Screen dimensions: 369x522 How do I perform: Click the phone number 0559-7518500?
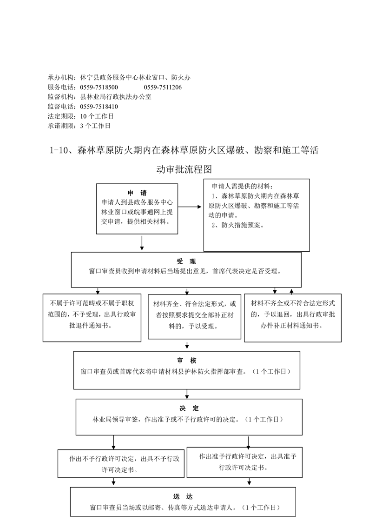[x=99, y=87]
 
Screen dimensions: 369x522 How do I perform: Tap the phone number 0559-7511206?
[x=163, y=87]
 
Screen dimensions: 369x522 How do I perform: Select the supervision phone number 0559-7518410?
[x=99, y=107]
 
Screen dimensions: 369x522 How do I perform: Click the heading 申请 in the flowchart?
[x=137, y=193]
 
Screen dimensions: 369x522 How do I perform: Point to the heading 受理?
[x=186, y=261]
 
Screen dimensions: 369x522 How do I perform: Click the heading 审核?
[x=187, y=361]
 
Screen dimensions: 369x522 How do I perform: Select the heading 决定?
[x=189, y=408]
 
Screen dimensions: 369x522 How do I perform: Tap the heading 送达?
[x=183, y=497]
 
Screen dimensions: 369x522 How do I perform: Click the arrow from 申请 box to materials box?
[x=190, y=207]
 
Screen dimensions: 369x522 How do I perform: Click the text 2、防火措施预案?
[x=238, y=225]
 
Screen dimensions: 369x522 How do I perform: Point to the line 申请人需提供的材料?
[x=242, y=187]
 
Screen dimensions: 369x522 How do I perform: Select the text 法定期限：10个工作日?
[x=81, y=116]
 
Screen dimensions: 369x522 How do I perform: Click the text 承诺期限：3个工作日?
[x=79, y=126]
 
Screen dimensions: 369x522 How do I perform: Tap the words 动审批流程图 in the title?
[x=184, y=169]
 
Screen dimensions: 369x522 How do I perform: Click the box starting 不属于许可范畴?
[x=92, y=318]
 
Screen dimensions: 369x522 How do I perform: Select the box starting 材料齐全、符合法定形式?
[x=194, y=317]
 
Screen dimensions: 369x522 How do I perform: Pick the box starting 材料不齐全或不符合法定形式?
[x=293, y=318]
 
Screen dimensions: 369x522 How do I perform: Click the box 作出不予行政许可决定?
[x=121, y=464]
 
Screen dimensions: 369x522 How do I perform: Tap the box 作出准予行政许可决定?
[x=244, y=462]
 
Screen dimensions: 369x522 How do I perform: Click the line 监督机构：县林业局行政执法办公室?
[x=100, y=97]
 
